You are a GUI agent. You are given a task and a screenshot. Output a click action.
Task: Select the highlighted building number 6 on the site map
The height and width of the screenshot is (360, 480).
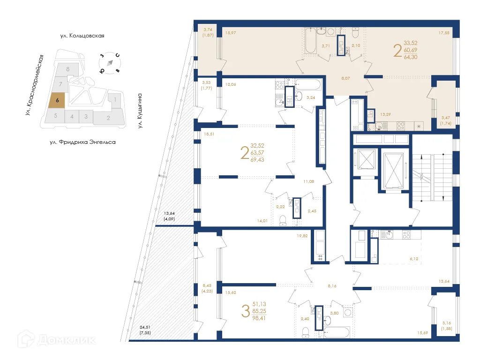click(x=57, y=100)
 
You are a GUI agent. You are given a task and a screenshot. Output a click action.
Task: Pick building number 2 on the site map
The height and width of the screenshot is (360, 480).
click(x=108, y=118)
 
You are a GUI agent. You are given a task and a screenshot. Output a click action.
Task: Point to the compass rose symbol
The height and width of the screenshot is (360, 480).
click(x=110, y=63)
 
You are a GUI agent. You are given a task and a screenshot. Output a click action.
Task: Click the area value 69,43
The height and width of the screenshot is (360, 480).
click(x=257, y=160)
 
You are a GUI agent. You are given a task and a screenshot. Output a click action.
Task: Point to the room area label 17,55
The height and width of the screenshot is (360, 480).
click(x=444, y=33)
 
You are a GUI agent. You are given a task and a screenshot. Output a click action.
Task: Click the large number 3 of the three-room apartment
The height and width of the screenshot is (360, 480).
click(x=245, y=311)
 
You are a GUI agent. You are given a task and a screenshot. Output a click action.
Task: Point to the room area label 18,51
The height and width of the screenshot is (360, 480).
click(x=209, y=134)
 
